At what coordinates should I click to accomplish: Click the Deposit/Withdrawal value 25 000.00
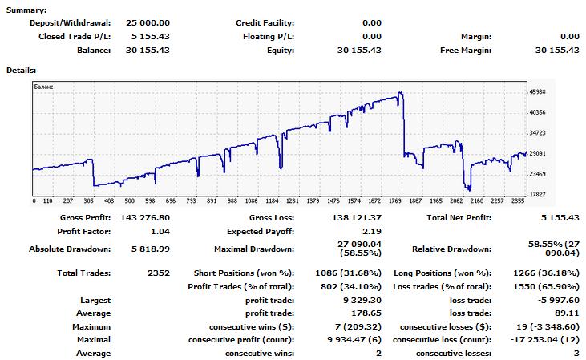pos(148,24)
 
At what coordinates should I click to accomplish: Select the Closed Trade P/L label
pos(75,37)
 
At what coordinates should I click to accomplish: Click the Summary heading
pos(26,10)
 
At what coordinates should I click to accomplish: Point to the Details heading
pos(22,70)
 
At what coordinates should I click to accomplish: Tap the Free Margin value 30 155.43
pos(556,50)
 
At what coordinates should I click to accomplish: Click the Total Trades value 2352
pos(160,273)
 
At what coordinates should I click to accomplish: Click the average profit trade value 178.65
pos(366,314)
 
